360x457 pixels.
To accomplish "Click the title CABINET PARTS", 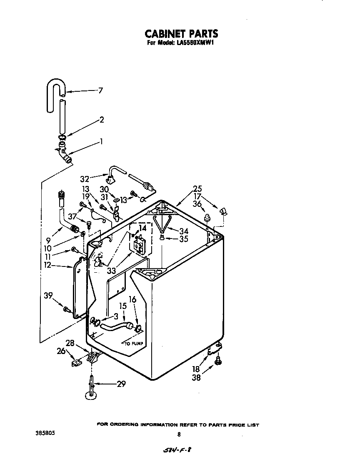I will pyautogui.click(x=181, y=33).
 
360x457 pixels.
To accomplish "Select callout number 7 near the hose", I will pyautogui.click(x=100, y=90).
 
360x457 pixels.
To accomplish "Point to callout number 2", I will pyautogui.click(x=101, y=120).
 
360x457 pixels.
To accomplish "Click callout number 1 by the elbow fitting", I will pyautogui.click(x=101, y=142).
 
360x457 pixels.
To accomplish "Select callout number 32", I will pyautogui.click(x=85, y=179).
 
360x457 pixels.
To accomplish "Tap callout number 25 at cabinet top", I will pyautogui.click(x=197, y=188).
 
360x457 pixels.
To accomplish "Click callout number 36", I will pyautogui.click(x=197, y=203).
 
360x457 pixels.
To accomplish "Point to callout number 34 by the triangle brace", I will pyautogui.click(x=184, y=231).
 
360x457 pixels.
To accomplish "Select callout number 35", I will pyautogui.click(x=184, y=239).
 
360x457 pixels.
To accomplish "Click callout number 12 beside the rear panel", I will pyautogui.click(x=48, y=265).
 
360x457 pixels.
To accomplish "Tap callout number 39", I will pyautogui.click(x=48, y=296).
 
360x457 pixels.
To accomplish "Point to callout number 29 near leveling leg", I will pyautogui.click(x=121, y=384).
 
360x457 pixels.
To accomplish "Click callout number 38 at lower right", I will pyautogui.click(x=196, y=377).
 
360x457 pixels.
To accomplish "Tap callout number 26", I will pyautogui.click(x=61, y=352).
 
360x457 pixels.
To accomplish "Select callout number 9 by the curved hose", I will pyautogui.click(x=48, y=240).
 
